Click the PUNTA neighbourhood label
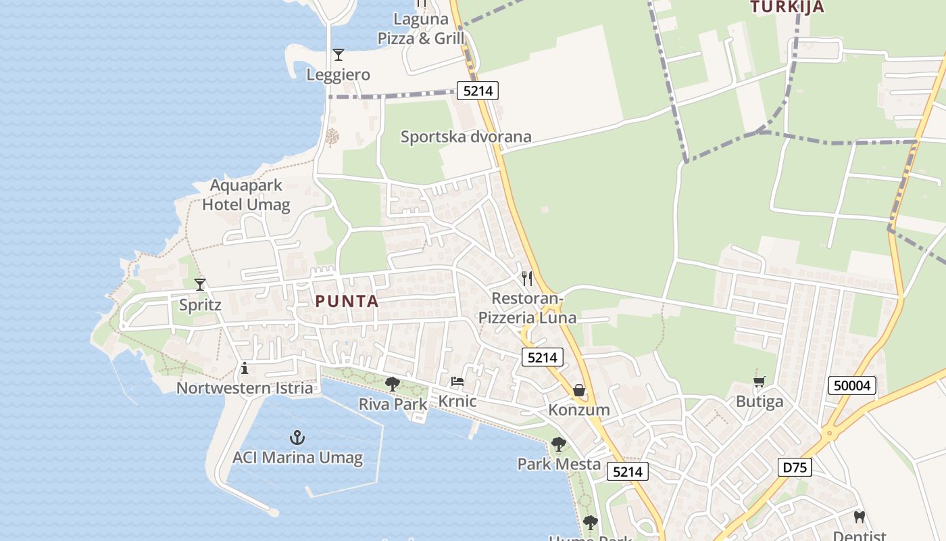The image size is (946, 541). click(x=347, y=302)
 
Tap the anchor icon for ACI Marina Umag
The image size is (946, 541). click(x=297, y=438)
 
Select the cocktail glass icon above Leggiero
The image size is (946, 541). click(x=339, y=55)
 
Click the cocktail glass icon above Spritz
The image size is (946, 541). click(x=200, y=285)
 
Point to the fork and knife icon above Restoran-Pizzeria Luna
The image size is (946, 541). click(x=527, y=278)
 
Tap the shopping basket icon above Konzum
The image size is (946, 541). click(x=579, y=390)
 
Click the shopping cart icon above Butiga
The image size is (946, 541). click(x=760, y=382)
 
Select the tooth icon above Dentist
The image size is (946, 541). click(x=860, y=517)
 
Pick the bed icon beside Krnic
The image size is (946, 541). click(x=457, y=382)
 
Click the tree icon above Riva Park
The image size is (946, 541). click(x=392, y=384)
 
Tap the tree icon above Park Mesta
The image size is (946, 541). click(x=558, y=444)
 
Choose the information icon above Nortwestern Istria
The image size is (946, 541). click(x=245, y=369)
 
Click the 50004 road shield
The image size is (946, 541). click(x=852, y=386)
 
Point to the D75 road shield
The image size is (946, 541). click(x=795, y=467)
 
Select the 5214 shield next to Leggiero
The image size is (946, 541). click(x=478, y=91)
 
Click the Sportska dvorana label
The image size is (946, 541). click(x=466, y=137)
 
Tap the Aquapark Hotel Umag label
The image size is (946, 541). click(x=246, y=195)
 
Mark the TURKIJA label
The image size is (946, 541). click(x=787, y=7)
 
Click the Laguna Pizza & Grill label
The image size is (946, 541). click(x=421, y=30)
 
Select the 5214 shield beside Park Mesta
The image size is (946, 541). click(x=627, y=471)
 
